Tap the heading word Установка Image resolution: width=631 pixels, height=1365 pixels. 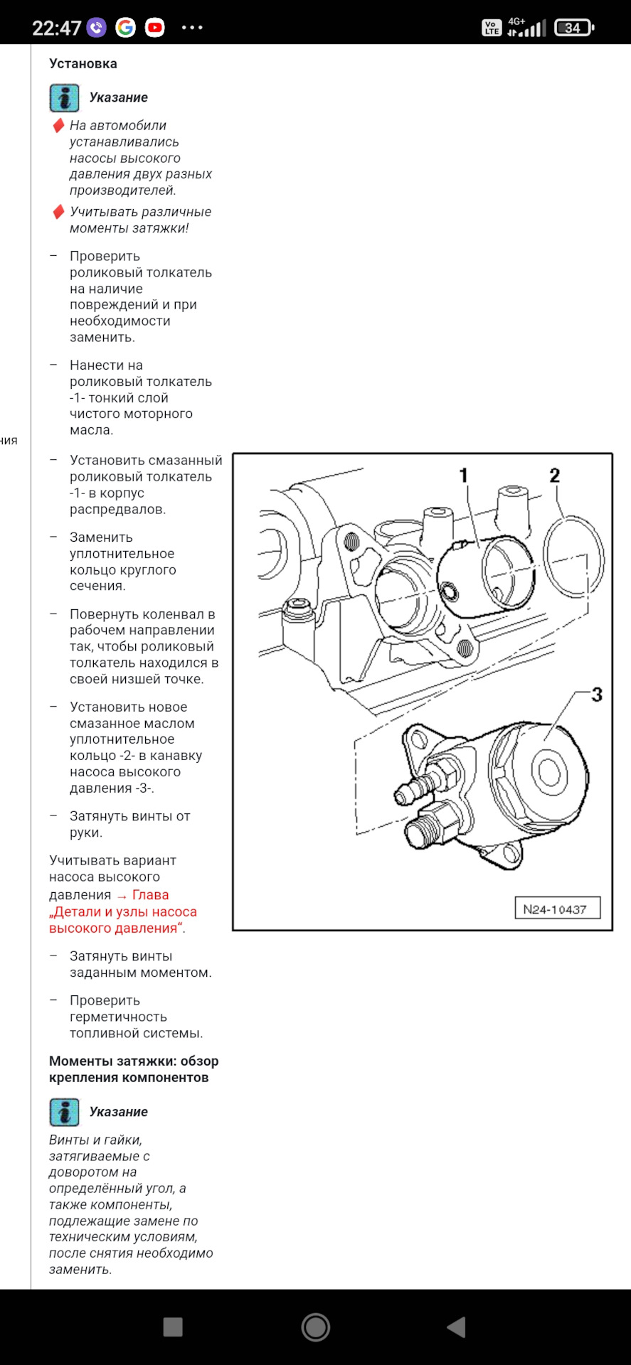[83, 63]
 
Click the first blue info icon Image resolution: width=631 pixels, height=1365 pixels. [64, 98]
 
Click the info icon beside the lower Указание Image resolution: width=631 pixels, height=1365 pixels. [64, 1112]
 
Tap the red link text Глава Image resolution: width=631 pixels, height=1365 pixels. [150, 895]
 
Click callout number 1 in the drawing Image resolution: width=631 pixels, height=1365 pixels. [463, 475]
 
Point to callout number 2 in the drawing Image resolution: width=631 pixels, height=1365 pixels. [554, 475]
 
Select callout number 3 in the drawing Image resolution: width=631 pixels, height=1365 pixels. [597, 695]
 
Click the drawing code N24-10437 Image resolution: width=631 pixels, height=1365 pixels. [555, 909]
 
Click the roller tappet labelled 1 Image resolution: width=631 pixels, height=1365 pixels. [484, 576]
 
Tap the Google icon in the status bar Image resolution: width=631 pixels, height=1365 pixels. [126, 28]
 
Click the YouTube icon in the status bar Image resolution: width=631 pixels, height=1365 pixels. [154, 28]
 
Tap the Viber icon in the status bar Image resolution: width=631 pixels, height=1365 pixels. [96, 28]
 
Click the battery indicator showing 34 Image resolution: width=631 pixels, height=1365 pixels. [574, 28]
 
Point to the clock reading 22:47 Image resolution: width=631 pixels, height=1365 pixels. [56, 28]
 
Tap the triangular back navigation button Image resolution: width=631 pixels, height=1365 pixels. [456, 1327]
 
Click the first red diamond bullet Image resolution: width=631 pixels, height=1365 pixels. [59, 126]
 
